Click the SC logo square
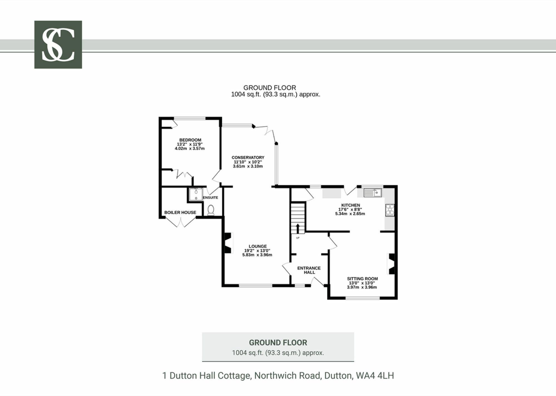click(x=58, y=44)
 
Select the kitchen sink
click(x=373, y=192)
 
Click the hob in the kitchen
click(x=390, y=210)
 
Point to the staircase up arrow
click(x=298, y=229)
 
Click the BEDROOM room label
click(x=190, y=140)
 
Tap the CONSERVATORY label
click(x=248, y=157)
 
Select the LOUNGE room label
click(x=258, y=246)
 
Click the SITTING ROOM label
click(x=362, y=279)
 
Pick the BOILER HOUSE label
click(x=180, y=212)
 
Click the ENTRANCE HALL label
click(x=309, y=270)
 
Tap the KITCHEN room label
click(x=351, y=205)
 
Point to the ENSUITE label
click(x=210, y=197)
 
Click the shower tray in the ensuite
click(x=196, y=194)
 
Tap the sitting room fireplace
click(x=391, y=264)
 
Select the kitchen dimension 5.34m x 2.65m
click(x=350, y=214)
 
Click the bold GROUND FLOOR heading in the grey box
click(x=278, y=343)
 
